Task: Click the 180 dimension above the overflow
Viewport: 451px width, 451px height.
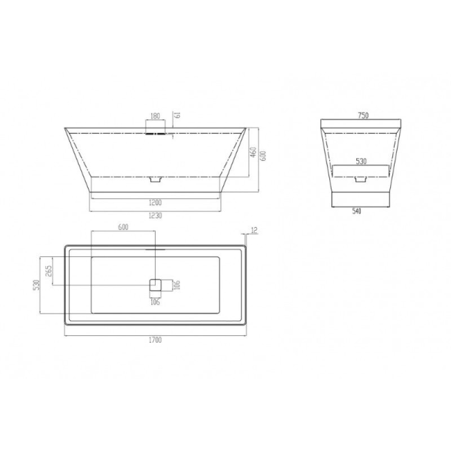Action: coord(155,116)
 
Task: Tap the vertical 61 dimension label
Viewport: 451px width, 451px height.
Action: coord(178,114)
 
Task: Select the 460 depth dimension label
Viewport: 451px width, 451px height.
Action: coord(253,152)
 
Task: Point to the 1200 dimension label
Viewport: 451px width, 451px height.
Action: coord(155,203)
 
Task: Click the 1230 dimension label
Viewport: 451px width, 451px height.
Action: coord(155,215)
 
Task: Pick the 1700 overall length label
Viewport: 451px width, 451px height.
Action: coord(155,340)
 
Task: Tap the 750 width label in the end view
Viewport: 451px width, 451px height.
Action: coord(363,116)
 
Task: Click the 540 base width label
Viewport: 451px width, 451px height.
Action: coord(356,211)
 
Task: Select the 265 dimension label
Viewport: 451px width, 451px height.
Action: coord(48,271)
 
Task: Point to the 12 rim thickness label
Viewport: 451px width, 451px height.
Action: coord(254,231)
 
